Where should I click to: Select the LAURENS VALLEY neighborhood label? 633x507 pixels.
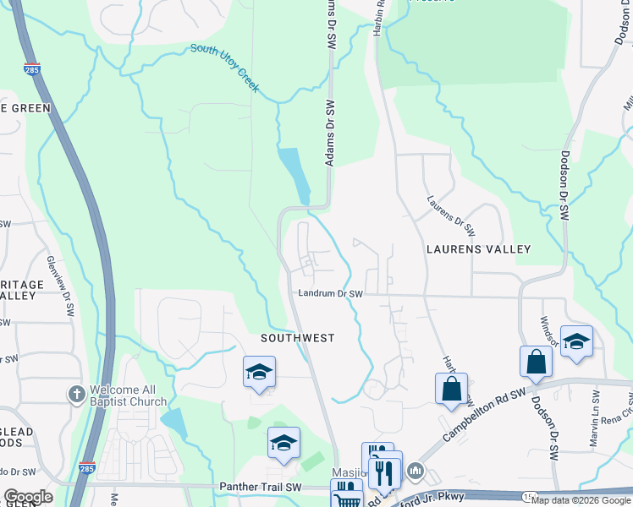coord(478,249)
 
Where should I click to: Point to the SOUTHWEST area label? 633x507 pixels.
coord(297,338)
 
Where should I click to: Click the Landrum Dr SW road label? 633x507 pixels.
coord(330,294)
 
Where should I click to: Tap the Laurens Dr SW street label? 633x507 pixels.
coord(452,216)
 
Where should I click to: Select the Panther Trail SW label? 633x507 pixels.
coord(260,487)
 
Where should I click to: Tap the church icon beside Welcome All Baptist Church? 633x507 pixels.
coord(77,394)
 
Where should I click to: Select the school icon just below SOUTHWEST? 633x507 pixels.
coord(259,373)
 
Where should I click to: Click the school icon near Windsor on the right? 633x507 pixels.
coord(576,341)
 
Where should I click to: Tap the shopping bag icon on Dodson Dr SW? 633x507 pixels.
coord(537,361)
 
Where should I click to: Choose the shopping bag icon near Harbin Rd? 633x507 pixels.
coord(451,389)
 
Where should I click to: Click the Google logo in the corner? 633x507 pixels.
coord(27,497)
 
